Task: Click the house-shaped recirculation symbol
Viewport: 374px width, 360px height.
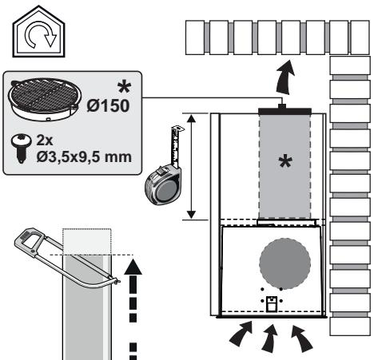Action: [x=38, y=32]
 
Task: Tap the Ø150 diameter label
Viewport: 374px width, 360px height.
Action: [x=108, y=105]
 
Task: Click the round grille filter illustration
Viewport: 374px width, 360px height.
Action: [x=45, y=99]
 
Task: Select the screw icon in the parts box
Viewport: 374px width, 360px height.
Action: [x=22, y=148]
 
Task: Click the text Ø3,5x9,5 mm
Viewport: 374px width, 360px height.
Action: [x=84, y=157]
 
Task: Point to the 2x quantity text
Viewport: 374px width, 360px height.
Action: [x=45, y=140]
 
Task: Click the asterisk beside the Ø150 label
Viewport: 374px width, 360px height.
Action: [x=124, y=88]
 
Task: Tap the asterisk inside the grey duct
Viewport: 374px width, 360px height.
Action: [x=285, y=162]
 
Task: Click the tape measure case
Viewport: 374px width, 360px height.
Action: [x=163, y=184]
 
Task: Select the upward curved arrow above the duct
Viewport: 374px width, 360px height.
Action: [x=285, y=77]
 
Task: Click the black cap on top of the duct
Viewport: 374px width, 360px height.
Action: [x=284, y=110]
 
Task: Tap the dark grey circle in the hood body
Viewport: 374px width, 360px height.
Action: [x=284, y=263]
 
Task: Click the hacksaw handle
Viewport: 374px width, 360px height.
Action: [x=30, y=238]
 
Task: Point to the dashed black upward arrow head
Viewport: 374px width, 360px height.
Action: [x=133, y=267]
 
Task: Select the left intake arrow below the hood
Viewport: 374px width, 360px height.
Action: [x=241, y=333]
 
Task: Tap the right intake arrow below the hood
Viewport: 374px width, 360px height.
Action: [x=301, y=337]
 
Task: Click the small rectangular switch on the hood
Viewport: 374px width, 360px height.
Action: [x=272, y=304]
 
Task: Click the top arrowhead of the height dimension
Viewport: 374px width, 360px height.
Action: [x=191, y=118]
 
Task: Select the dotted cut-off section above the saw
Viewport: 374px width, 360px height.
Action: [x=87, y=241]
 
